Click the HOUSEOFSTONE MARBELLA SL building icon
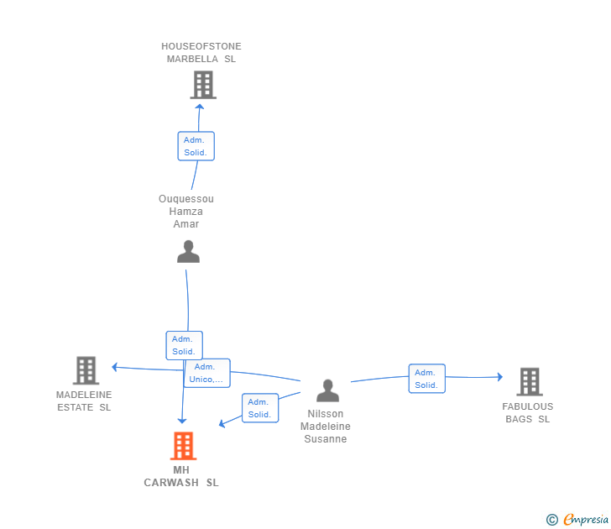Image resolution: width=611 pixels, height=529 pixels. [202, 85]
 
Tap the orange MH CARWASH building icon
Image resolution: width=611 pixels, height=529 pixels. [183, 445]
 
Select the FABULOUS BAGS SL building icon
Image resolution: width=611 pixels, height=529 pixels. [529, 382]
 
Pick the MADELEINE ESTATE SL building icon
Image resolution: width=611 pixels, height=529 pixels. [86, 370]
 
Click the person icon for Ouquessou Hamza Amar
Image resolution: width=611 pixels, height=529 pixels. [188, 252]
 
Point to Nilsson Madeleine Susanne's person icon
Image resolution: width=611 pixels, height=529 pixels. [327, 390]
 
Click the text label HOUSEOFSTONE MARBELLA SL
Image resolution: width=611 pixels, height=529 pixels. [201, 53]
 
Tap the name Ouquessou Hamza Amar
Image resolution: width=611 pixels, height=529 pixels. [186, 212]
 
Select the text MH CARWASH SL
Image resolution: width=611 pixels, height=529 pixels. [181, 476]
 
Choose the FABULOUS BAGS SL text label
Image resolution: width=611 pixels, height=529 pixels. [528, 412]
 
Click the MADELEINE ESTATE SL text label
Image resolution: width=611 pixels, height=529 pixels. [84, 401]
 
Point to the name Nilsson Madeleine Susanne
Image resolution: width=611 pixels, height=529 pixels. [326, 427]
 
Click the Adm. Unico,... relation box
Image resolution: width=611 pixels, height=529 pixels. [206, 373]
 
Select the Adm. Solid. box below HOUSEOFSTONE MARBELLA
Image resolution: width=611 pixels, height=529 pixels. [196, 146]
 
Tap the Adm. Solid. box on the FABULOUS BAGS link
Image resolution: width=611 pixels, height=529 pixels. [426, 379]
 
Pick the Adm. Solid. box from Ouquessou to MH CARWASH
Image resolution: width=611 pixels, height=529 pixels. [184, 345]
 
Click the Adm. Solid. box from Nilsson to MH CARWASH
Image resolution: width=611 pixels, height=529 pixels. [259, 408]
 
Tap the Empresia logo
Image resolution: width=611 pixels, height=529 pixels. [578, 520]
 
